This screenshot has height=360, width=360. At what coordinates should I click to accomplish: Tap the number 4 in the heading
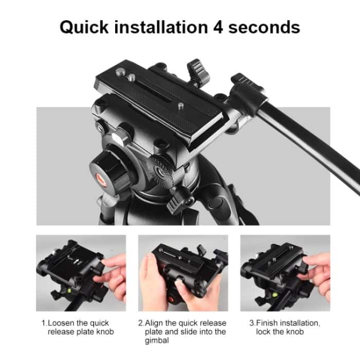pyautogui.click(x=217, y=26)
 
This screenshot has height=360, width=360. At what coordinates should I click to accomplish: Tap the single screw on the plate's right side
pyautogui.click(x=182, y=105)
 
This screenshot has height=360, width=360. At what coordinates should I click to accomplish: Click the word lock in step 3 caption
pyautogui.click(x=264, y=332)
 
